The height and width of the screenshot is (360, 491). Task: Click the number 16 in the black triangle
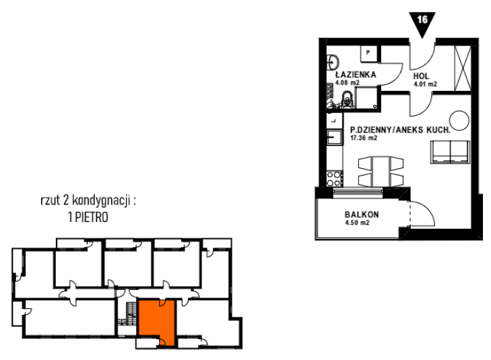(x=422, y=20)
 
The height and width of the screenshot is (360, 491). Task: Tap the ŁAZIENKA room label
(x=356, y=75)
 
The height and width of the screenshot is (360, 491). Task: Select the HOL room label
(x=421, y=76)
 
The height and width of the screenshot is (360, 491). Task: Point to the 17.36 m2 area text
(x=364, y=138)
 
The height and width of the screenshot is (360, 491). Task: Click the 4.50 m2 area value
(x=357, y=223)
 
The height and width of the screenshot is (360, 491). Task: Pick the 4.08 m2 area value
(x=348, y=83)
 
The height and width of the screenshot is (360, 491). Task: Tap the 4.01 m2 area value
(x=425, y=84)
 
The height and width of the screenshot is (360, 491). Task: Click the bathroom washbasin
(x=332, y=62)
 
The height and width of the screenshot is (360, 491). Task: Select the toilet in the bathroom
(x=347, y=100)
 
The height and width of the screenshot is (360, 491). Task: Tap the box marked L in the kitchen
(x=335, y=120)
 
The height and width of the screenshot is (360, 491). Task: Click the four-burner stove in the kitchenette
(x=334, y=178)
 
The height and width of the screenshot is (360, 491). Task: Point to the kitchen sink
(x=335, y=137)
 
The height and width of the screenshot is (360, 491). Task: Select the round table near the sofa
(x=459, y=120)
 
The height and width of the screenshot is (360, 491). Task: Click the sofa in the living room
(x=451, y=152)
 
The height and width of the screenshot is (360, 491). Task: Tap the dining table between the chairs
(x=381, y=172)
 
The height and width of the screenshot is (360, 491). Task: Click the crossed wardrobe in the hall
(x=463, y=69)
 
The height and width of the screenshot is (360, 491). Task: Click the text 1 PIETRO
(x=88, y=217)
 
